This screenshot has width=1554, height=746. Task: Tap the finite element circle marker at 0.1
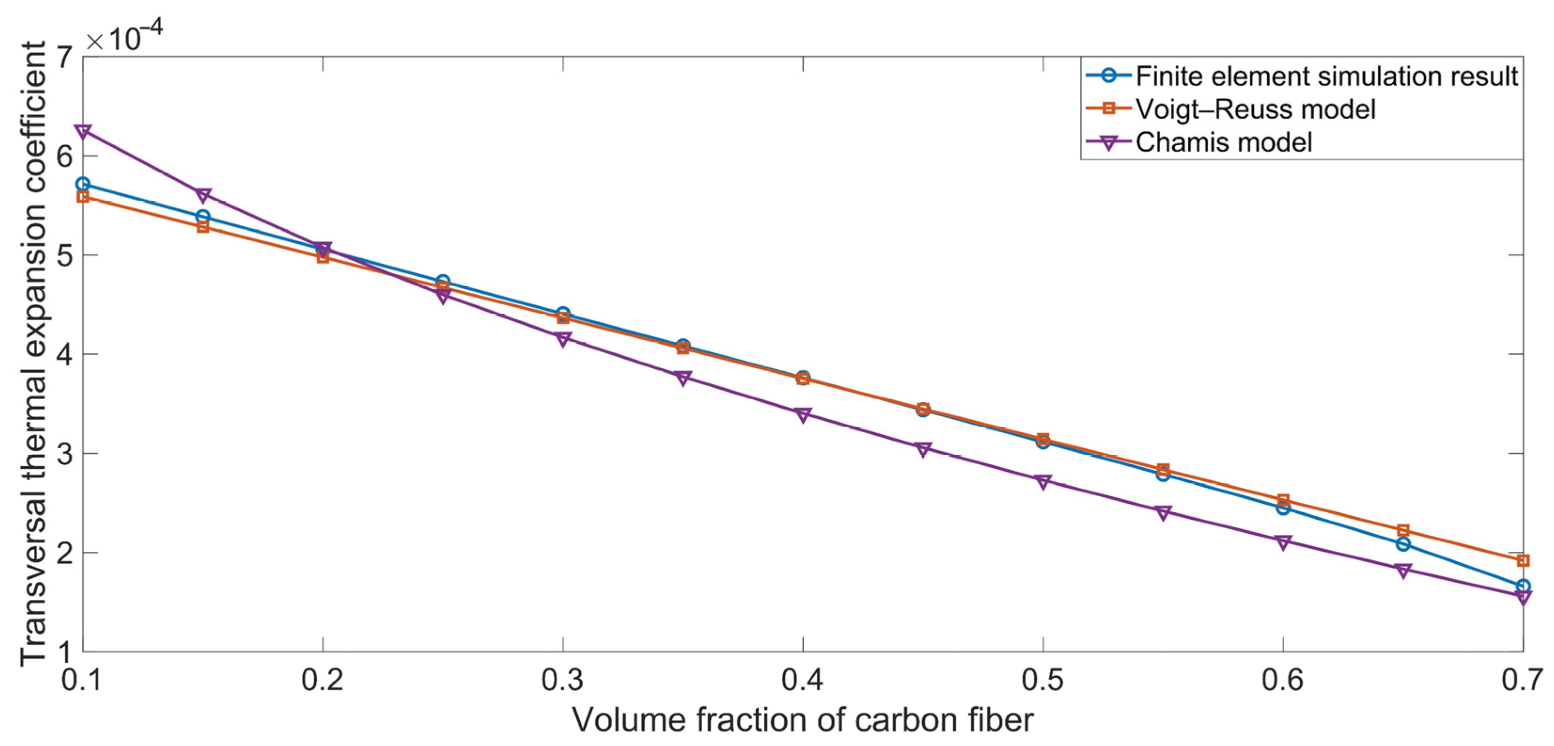(83, 184)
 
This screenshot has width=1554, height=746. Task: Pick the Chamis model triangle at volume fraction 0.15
(204, 194)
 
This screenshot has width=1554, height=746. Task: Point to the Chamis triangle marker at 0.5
(1043, 481)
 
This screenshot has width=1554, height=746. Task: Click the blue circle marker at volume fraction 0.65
(1403, 544)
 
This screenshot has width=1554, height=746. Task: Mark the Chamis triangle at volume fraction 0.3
(563, 339)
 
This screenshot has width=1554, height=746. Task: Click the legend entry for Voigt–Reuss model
(1255, 109)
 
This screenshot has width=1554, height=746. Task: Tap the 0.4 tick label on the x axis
(802, 680)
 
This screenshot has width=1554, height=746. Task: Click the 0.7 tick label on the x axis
(1522, 680)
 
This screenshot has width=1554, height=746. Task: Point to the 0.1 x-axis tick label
(82, 680)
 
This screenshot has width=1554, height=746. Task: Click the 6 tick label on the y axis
(63, 156)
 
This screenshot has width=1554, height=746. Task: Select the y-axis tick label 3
(63, 453)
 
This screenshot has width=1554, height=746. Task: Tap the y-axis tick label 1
(63, 651)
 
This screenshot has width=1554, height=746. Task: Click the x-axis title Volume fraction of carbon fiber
(802, 720)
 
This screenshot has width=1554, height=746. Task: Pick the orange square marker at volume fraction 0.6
(1283, 500)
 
